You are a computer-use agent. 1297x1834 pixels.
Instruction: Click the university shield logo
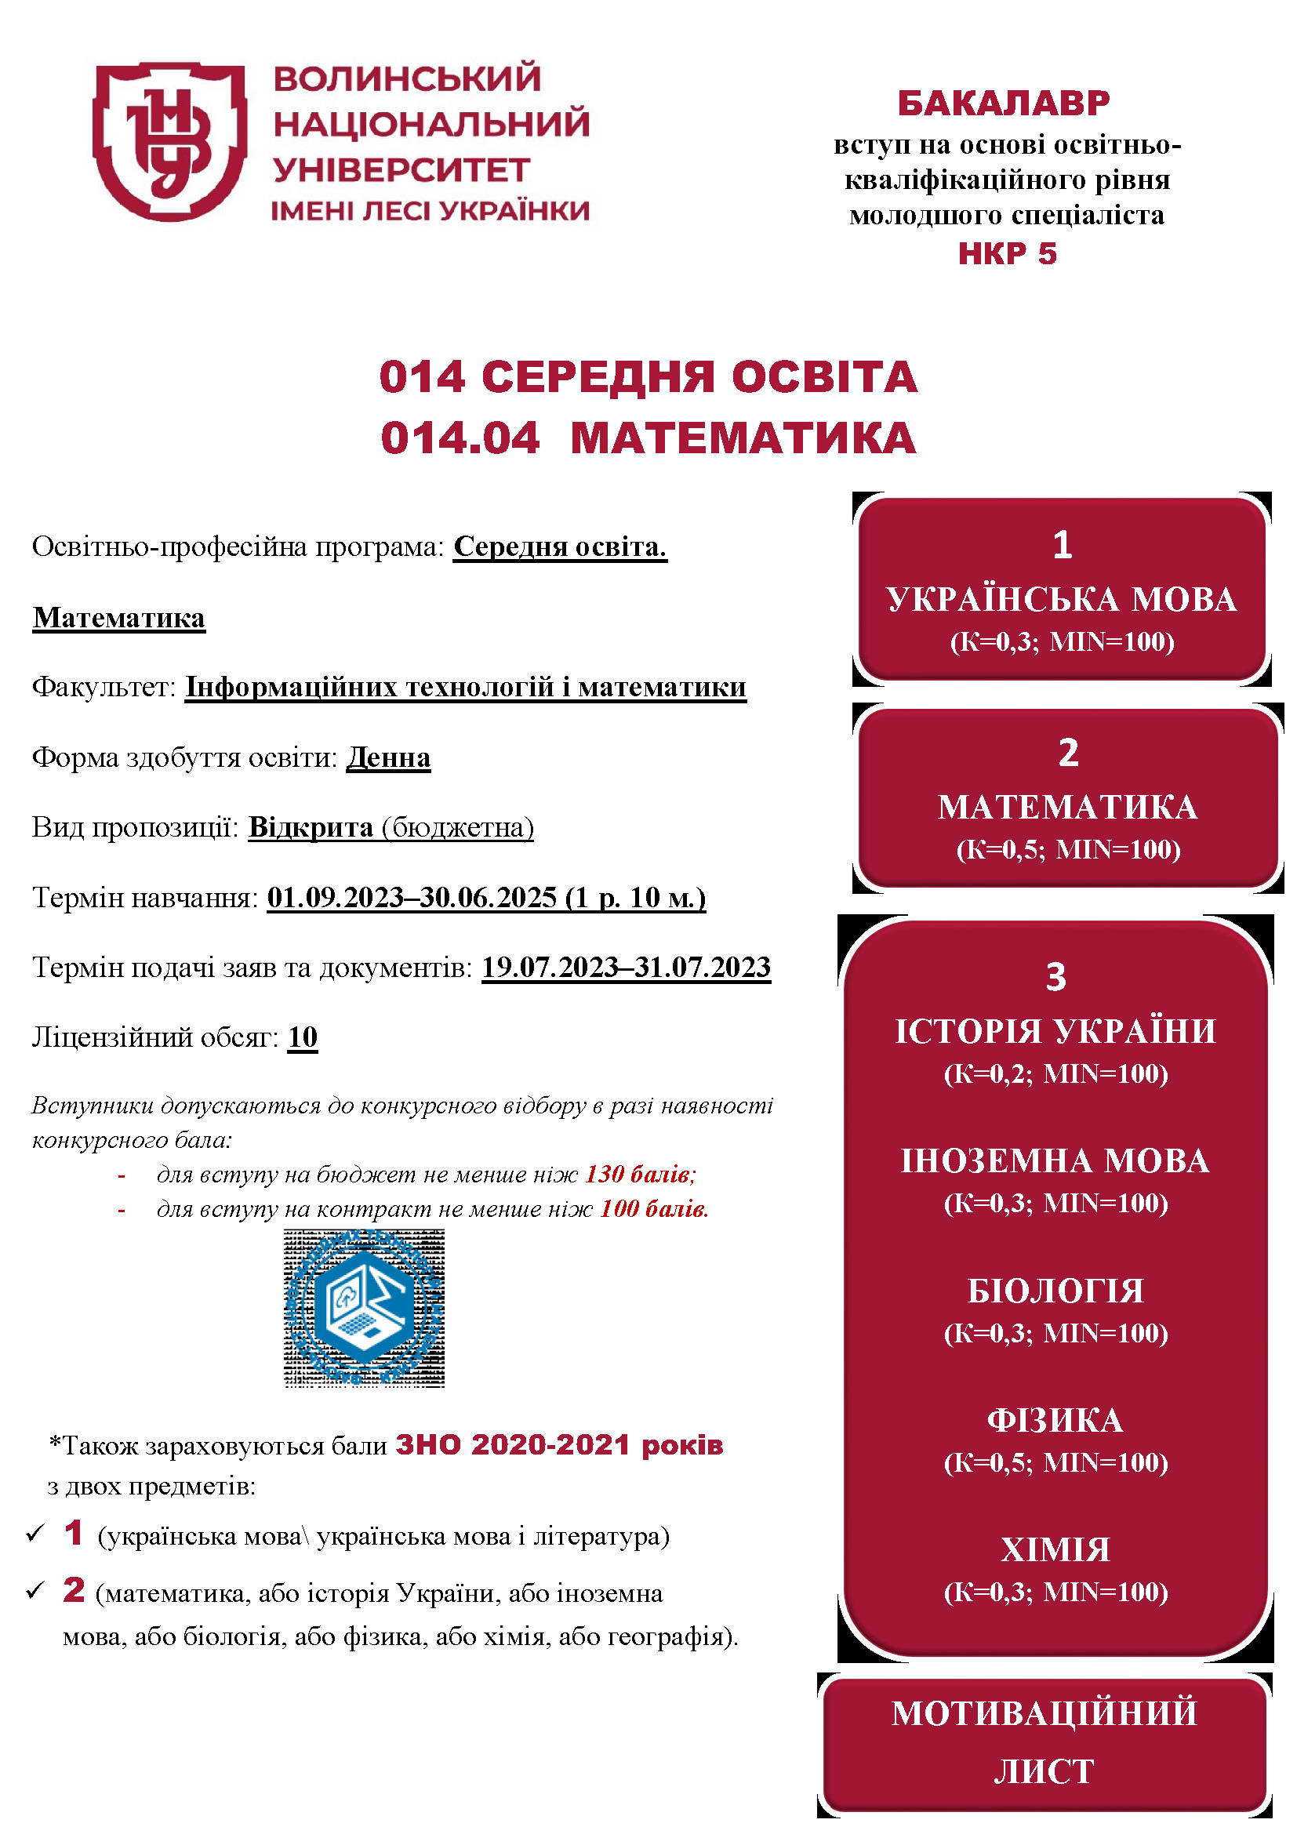pos(169,141)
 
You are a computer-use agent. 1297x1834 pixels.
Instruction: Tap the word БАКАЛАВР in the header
pos(1004,104)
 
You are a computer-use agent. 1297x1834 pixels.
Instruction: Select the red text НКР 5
pos(1007,253)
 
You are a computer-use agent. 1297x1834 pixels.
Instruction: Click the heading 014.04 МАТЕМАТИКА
pos(648,438)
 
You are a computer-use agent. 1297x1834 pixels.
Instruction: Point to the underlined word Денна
pos(388,757)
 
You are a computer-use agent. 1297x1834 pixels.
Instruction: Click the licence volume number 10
pos(303,1037)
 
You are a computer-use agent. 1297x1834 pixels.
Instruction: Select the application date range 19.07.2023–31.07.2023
pos(626,968)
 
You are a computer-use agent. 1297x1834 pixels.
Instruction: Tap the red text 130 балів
pos(641,1174)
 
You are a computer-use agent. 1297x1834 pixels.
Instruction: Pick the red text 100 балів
pos(654,1208)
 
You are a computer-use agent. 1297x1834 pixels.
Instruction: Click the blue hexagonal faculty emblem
pos(364,1308)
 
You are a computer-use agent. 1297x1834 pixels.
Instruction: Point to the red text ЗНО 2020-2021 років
pos(559,1445)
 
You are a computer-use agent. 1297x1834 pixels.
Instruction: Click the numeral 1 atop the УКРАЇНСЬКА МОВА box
pos(1062,545)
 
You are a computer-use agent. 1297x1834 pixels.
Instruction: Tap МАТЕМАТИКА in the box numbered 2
pos(1067,808)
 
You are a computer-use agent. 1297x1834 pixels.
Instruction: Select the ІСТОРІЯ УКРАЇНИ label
pos(1055,1031)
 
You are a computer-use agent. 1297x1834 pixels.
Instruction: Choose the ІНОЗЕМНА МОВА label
pos(1055,1160)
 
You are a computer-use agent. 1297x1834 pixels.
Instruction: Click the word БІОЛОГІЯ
pos(1055,1291)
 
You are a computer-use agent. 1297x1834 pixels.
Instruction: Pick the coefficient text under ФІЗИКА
pos(1055,1462)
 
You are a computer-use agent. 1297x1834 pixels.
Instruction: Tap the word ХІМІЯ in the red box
pos(1055,1549)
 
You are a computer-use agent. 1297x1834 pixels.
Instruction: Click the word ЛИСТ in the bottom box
pos(1044,1772)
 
